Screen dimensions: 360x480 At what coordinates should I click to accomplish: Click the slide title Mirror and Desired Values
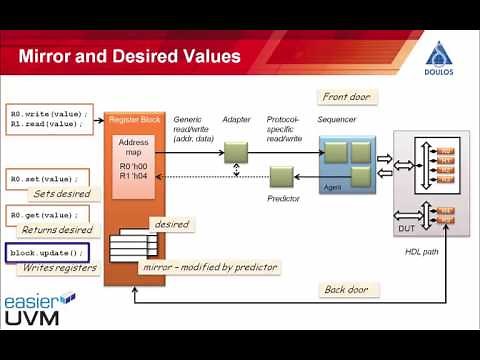tap(130, 56)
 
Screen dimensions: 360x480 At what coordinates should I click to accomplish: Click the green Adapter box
tap(235, 151)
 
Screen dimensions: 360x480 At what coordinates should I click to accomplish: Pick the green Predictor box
tap(283, 177)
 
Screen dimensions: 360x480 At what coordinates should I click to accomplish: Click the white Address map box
tap(135, 155)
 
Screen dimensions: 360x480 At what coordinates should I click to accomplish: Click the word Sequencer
tap(336, 119)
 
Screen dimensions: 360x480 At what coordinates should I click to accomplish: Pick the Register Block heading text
tap(134, 119)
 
